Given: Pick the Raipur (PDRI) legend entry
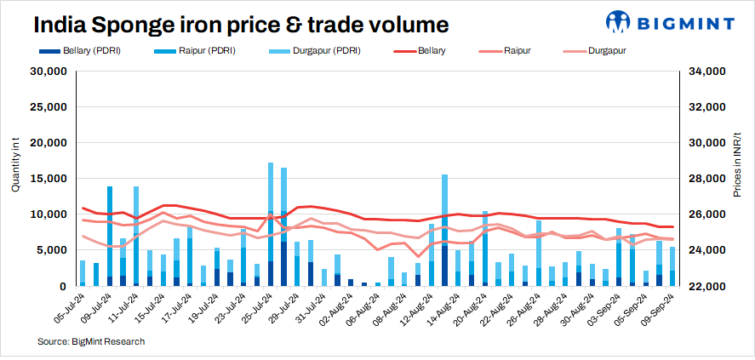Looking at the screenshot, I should (x=207, y=51).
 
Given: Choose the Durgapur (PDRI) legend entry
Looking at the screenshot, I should (x=322, y=51).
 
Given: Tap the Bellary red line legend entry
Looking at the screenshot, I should (x=437, y=51).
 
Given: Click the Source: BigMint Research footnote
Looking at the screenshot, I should (x=91, y=341).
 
